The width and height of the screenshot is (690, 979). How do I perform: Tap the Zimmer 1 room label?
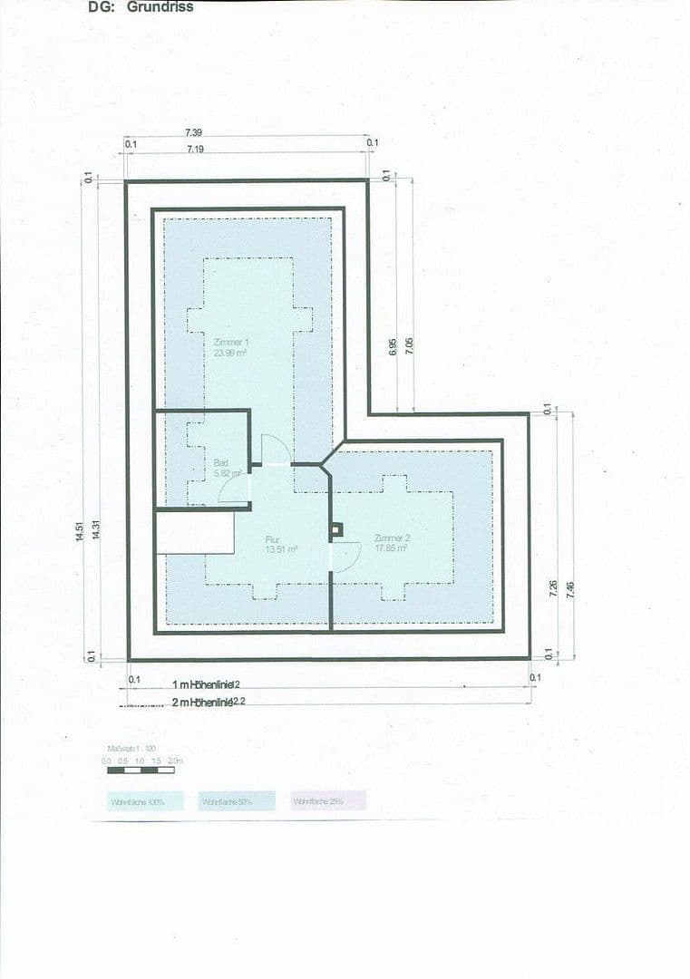pos(230,343)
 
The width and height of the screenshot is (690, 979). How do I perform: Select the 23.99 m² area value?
pos(230,354)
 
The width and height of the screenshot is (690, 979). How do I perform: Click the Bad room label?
pos(221,461)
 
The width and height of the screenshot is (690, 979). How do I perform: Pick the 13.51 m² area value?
pos(281,548)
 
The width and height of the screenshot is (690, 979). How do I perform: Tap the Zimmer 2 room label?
pos(391,538)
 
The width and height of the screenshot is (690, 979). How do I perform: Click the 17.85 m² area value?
pos(391,548)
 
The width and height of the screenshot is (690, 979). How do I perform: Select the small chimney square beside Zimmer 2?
pos(336,529)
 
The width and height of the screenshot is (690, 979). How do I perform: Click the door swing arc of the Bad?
pos(234,489)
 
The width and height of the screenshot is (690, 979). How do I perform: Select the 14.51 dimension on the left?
pos(81,531)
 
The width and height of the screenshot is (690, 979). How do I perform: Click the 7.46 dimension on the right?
pos(569,589)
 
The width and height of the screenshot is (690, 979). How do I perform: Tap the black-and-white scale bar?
pos(141,770)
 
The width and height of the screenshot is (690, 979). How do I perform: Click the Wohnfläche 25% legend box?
pos(328,801)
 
